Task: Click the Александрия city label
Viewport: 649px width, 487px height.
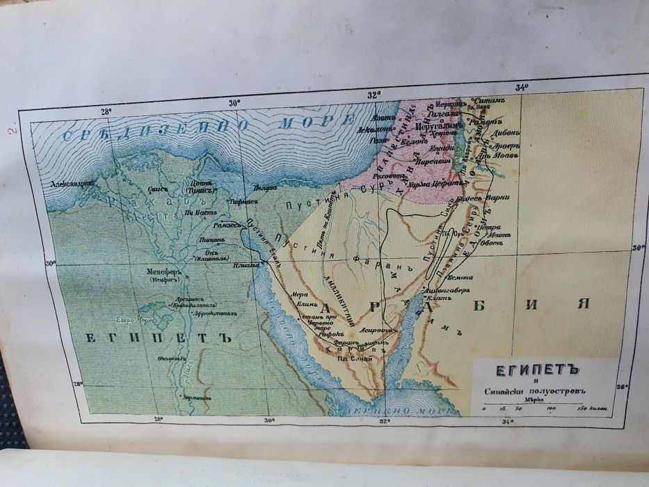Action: coord(72,185)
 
